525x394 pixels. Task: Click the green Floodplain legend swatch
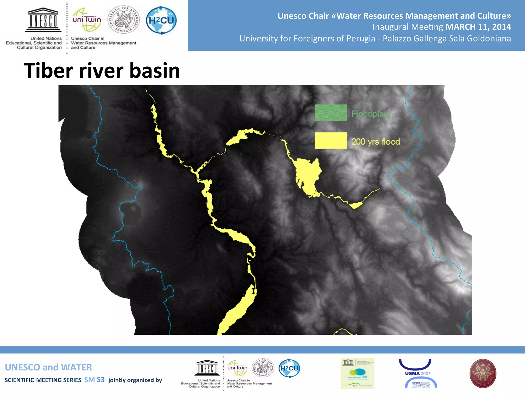[331, 113]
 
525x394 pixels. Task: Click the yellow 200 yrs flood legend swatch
[331, 141]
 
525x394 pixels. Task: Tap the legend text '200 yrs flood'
[376, 142]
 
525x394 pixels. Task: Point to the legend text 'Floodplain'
[371, 114]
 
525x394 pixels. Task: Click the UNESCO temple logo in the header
[43, 20]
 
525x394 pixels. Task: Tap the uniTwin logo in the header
[87, 20]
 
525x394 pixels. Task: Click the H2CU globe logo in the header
[161, 20]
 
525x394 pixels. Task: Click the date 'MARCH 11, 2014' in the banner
[478, 27]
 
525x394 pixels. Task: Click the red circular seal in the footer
[483, 373]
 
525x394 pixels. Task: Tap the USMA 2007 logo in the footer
[418, 373]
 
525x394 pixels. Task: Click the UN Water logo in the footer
[357, 373]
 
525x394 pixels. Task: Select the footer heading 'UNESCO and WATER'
[48, 367]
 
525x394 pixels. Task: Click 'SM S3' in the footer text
[94, 380]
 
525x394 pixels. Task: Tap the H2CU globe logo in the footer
[289, 368]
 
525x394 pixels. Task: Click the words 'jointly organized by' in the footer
[135, 380]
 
